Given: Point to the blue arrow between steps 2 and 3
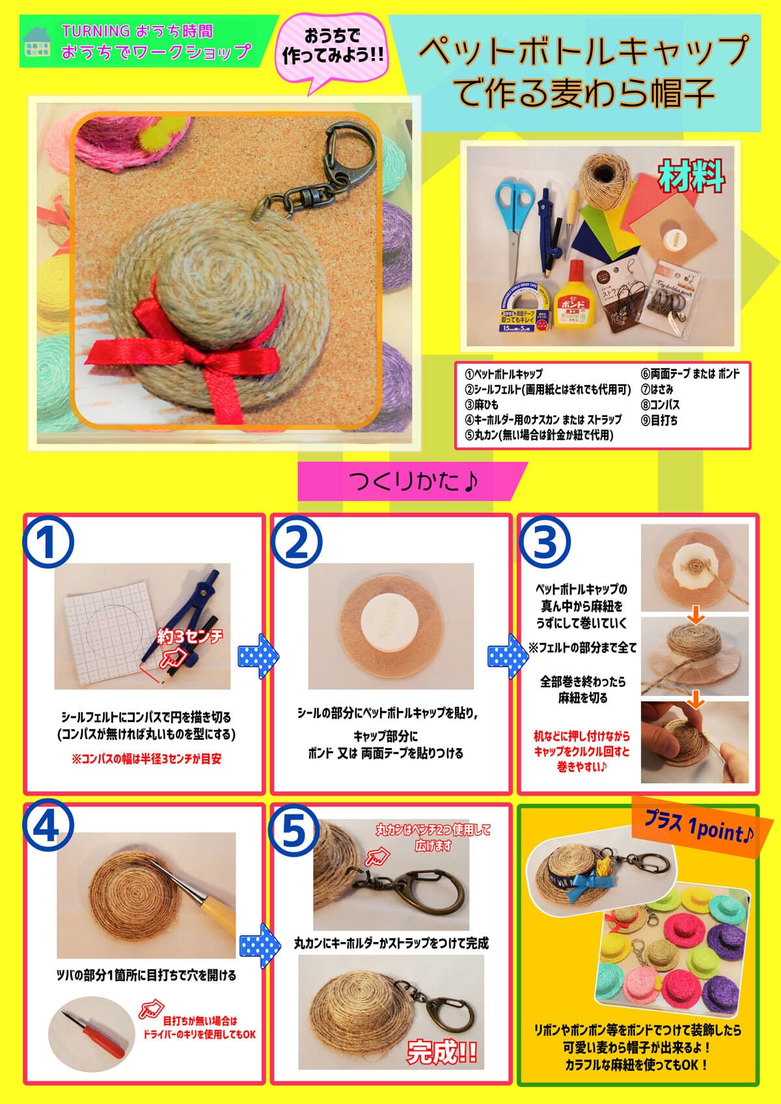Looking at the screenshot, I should click(502, 654).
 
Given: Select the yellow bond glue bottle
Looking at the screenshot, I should click(572, 293).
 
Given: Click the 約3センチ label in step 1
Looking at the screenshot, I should click(189, 636).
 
